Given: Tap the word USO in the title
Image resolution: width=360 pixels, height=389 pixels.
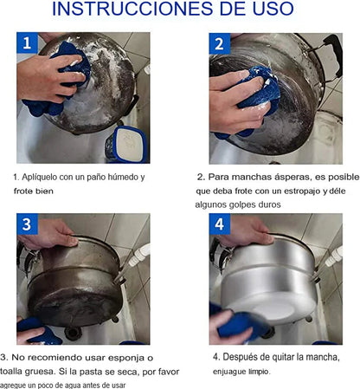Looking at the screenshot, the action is [273, 9].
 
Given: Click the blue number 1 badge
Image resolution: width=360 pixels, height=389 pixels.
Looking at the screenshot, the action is [27, 42].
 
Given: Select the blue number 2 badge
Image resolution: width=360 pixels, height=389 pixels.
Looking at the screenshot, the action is [220, 43].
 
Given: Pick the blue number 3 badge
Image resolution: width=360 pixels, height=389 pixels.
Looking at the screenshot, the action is [27, 224].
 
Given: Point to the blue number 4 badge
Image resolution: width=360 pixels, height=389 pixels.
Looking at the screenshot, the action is [220, 224].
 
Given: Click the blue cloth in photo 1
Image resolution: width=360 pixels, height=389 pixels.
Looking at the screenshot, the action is [59, 80].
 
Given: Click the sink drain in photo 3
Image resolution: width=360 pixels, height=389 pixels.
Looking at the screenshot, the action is [73, 333].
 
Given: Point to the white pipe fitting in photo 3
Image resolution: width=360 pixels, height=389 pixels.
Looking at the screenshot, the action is [139, 255].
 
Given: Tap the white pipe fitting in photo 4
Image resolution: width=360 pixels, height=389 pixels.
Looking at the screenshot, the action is [333, 256].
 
